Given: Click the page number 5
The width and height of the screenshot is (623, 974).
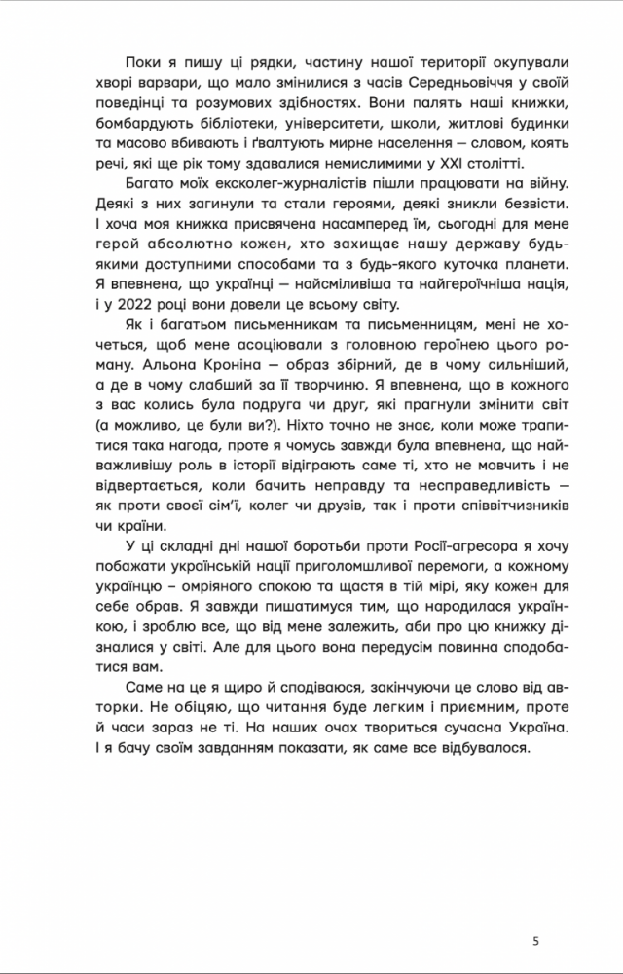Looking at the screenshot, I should [535, 940].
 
